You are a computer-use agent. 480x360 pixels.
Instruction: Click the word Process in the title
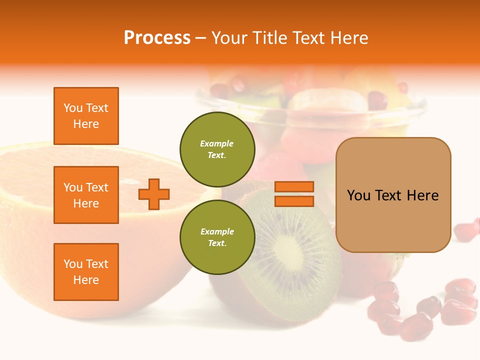pyautogui.click(x=157, y=38)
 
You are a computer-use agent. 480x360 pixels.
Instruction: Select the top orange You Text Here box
pyautogui.click(x=86, y=116)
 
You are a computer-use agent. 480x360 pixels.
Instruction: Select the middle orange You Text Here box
pyautogui.click(x=86, y=195)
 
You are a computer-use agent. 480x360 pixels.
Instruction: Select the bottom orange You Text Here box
pyautogui.click(x=86, y=272)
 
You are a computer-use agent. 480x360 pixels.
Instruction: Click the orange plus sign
pyautogui.click(x=154, y=194)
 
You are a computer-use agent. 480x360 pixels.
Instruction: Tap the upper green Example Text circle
pyautogui.click(x=217, y=149)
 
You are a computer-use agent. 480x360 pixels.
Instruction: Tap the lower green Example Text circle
pyautogui.click(x=217, y=237)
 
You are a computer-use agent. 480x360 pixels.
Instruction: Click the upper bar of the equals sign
pyautogui.click(x=294, y=187)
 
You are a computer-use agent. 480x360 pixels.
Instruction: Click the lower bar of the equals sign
pyautogui.click(x=294, y=201)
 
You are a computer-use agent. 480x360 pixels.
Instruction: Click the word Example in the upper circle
pyautogui.click(x=217, y=144)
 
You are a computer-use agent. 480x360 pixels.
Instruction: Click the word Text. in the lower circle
pyautogui.click(x=217, y=243)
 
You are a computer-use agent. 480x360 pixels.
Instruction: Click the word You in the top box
pyautogui.click(x=73, y=108)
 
